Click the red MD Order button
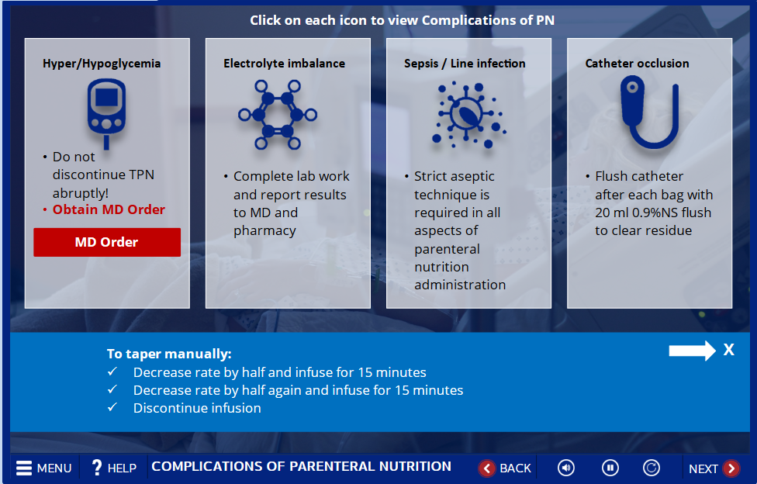pos(107,242)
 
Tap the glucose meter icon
pos(107,112)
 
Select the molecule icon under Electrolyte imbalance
pos(278,115)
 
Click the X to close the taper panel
pos(729,350)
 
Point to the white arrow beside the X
pos(692,351)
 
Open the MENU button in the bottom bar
pos(44,468)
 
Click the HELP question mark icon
pos(96,468)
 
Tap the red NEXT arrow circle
pos(731,468)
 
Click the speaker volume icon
pos(566,468)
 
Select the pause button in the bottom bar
pos(610,468)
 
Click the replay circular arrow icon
pos(652,468)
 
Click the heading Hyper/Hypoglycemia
pos(102,64)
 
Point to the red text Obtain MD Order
pos(109,209)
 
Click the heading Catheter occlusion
pos(637,64)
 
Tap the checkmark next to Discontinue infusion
pos(112,407)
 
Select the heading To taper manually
pos(169,354)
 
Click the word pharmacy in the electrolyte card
pos(264,231)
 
